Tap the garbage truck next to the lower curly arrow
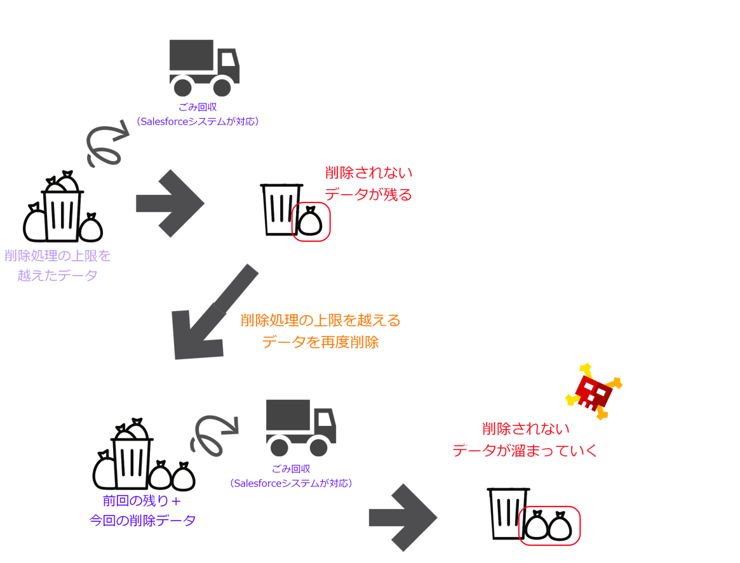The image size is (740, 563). [x=301, y=427]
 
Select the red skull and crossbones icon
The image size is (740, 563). [x=593, y=391]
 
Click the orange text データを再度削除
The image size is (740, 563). [x=320, y=342]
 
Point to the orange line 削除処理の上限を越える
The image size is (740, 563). [x=320, y=321]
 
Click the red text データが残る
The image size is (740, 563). [x=369, y=194]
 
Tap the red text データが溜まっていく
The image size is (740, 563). [x=525, y=451]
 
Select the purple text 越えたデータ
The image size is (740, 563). [x=57, y=275]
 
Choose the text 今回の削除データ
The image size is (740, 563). [x=142, y=521]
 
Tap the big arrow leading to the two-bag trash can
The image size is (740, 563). [x=403, y=517]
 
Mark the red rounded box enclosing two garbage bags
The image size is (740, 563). [x=549, y=525]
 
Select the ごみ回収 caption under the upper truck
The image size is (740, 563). [x=198, y=108]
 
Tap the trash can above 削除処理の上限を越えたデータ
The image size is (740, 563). [x=62, y=206]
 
